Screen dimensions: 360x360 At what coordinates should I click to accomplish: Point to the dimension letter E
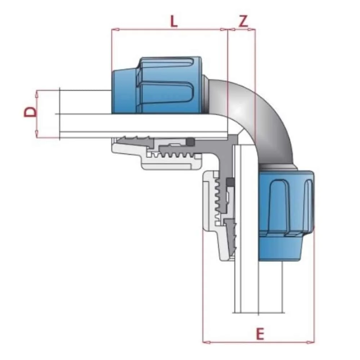click(260, 334)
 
